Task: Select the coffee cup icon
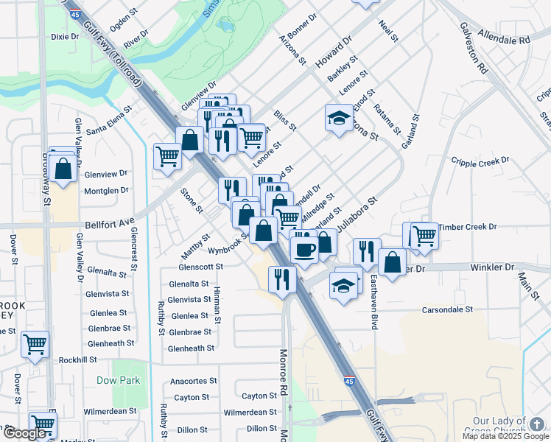point(304,249)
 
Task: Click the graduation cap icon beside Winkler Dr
point(343,286)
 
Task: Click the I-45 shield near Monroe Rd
point(348,381)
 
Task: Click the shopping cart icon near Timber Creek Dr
point(424,236)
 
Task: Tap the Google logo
point(25,433)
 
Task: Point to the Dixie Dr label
point(65,35)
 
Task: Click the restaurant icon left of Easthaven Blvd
point(366,251)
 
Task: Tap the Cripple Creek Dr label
point(480,161)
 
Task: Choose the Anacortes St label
point(194,382)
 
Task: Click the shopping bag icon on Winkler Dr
point(393,262)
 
